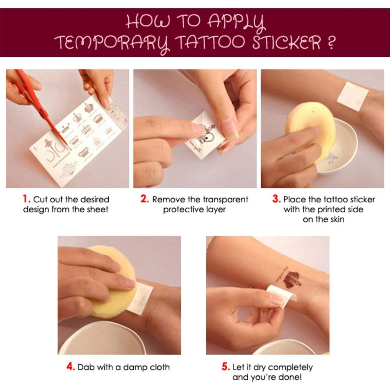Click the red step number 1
[26, 199]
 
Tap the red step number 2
[144, 199]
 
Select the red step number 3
[276, 199]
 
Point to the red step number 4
[71, 367]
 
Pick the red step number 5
[225, 367]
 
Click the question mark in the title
[331, 43]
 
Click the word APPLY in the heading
[236, 22]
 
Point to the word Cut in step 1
[39, 200]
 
